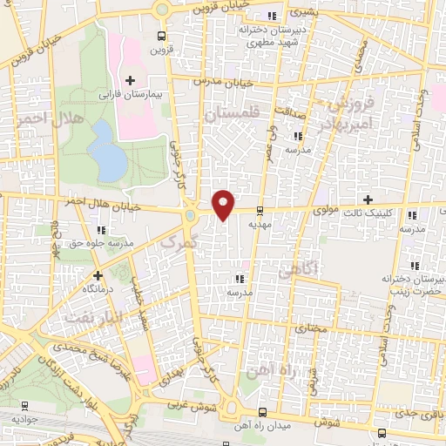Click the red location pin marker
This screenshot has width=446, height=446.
224,204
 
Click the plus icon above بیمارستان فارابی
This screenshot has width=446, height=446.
131,80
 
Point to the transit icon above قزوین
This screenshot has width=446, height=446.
160,36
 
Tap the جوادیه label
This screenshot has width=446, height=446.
24,418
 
